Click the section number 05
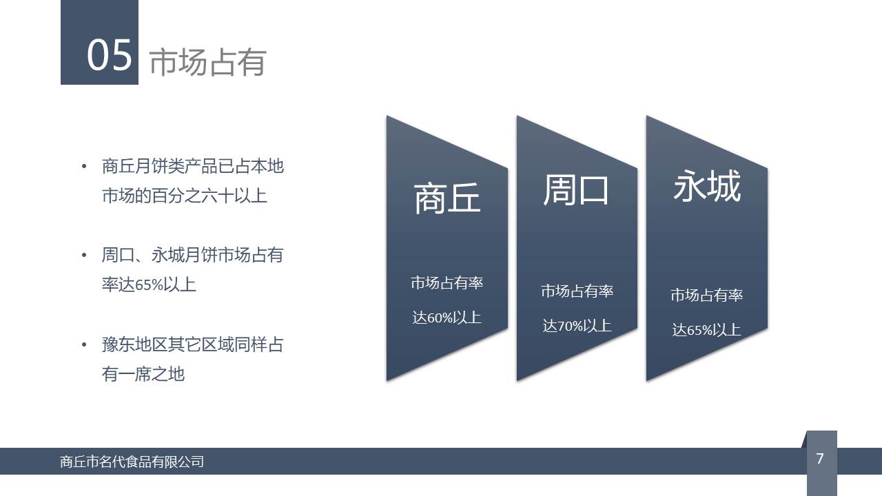(x=109, y=56)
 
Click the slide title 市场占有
(x=208, y=62)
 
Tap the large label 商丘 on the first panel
(x=447, y=198)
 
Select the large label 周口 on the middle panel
(x=576, y=190)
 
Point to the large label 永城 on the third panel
(x=707, y=186)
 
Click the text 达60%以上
(x=447, y=318)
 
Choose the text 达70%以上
(x=577, y=326)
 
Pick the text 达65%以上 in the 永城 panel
(x=706, y=330)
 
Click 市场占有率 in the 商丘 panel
(x=447, y=282)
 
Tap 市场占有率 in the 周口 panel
(x=577, y=291)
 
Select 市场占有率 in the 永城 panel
(x=706, y=295)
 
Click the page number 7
(x=820, y=458)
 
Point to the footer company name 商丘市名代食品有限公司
(x=132, y=462)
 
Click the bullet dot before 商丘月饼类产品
(x=84, y=167)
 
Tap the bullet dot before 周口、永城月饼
(x=84, y=255)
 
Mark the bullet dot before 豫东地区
(x=84, y=345)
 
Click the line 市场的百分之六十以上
(x=185, y=196)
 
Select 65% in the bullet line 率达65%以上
(x=149, y=285)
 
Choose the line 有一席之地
(x=143, y=374)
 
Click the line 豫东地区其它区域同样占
(x=192, y=344)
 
